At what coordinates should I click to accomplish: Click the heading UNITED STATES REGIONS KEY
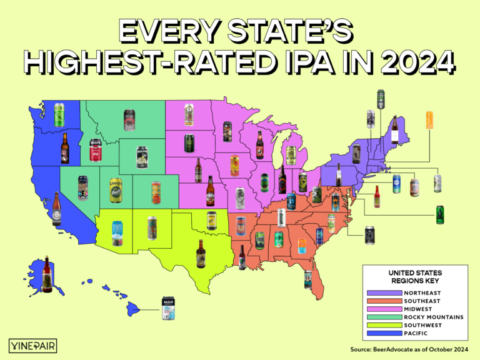point(416,277)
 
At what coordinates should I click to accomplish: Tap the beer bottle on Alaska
point(45,274)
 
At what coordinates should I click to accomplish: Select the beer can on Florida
point(308,279)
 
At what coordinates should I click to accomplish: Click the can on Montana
point(129,119)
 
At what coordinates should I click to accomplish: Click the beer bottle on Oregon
point(64,148)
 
